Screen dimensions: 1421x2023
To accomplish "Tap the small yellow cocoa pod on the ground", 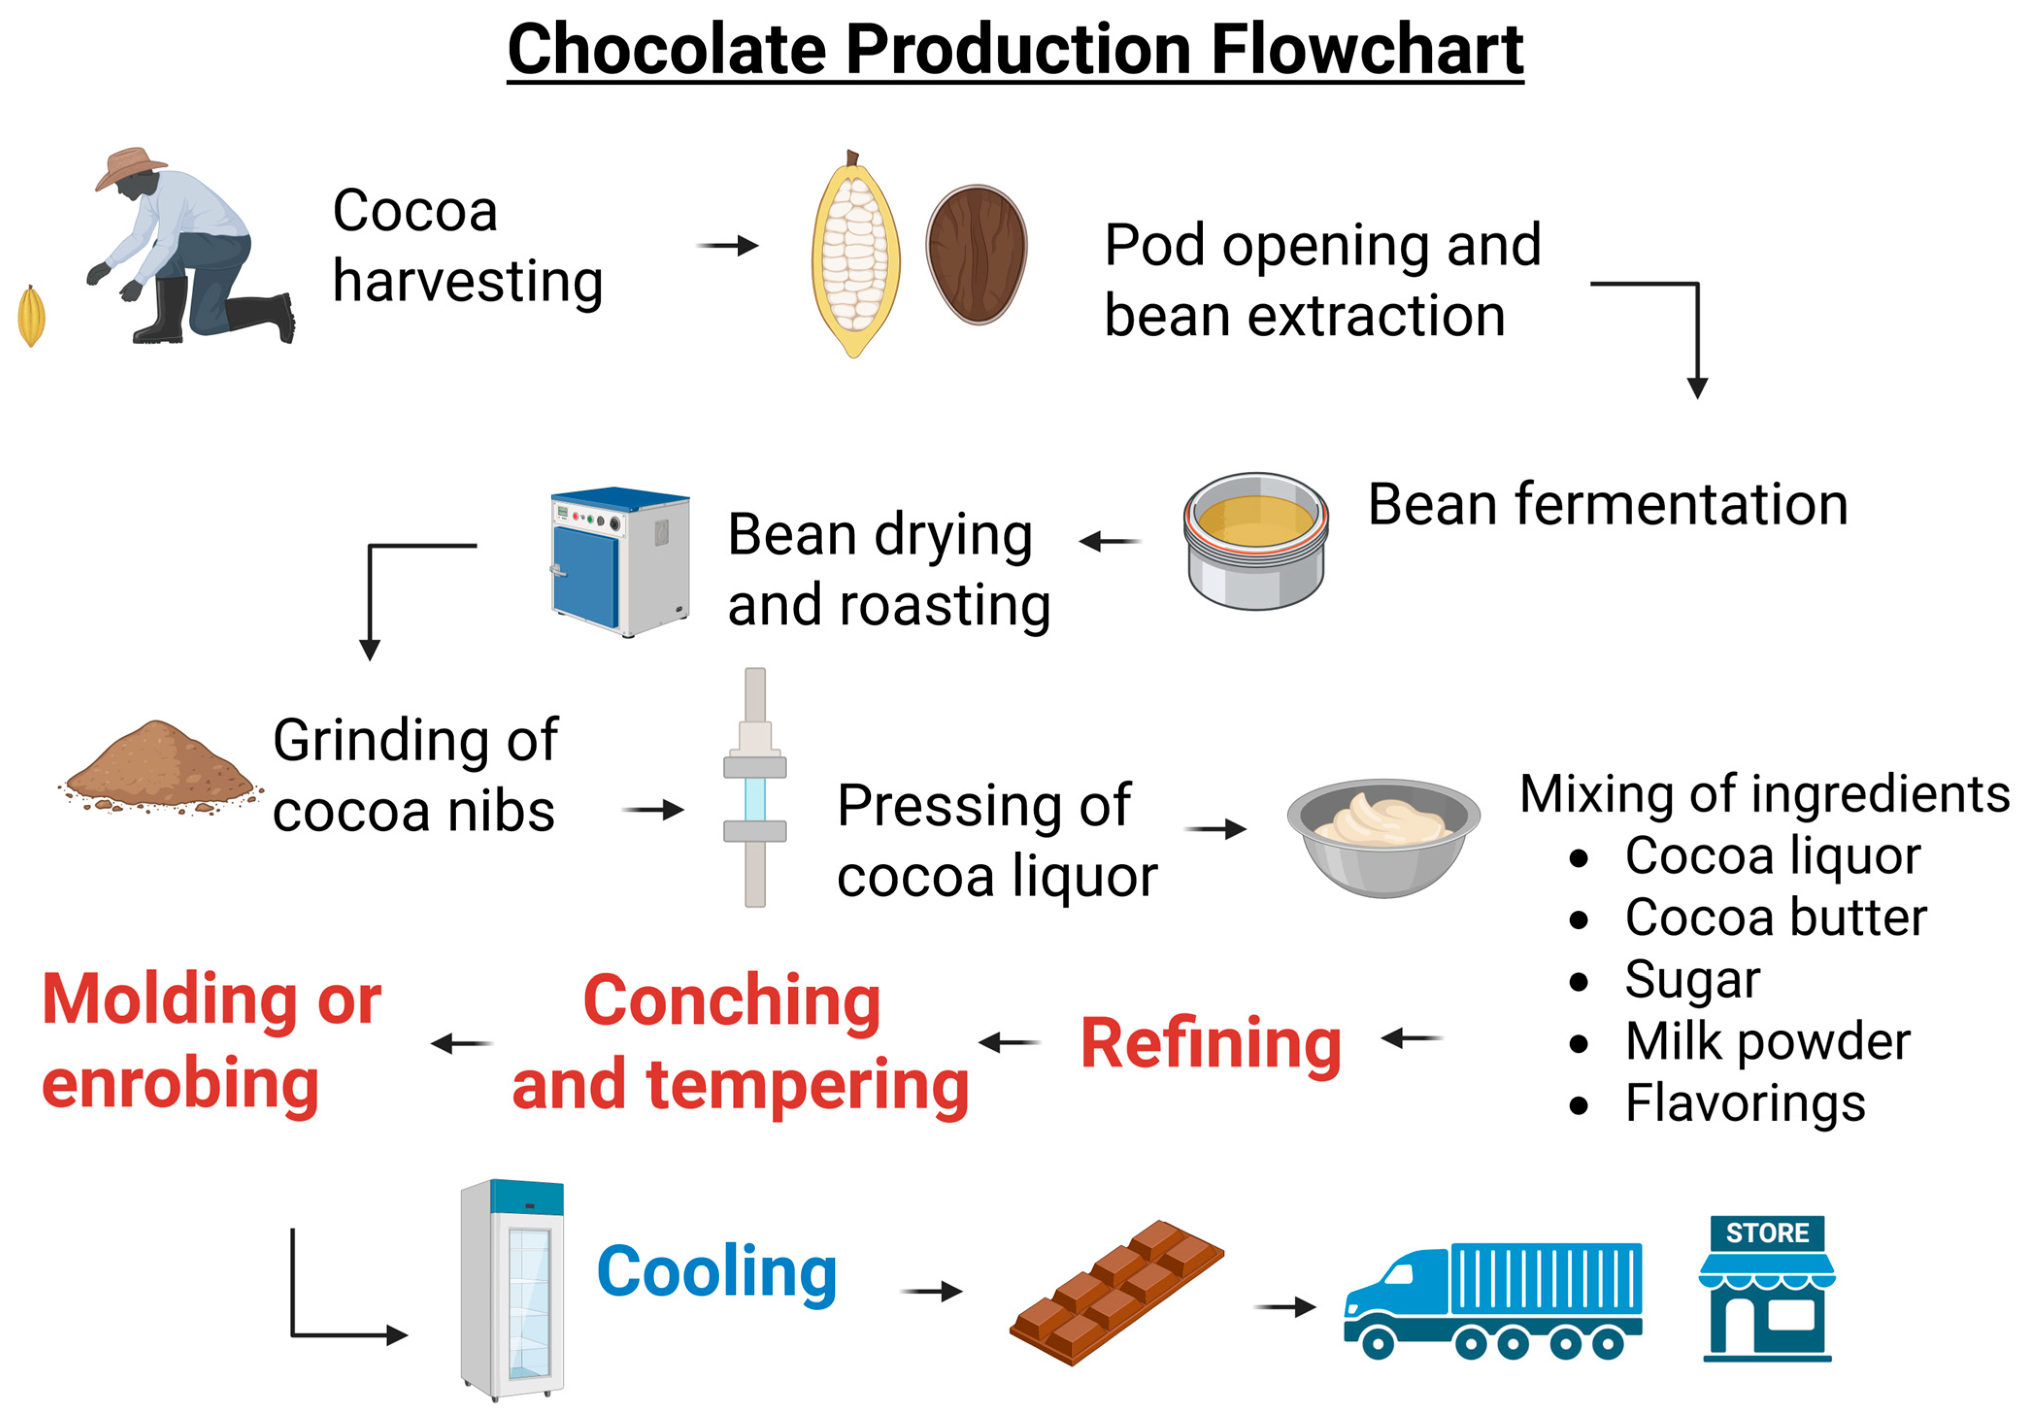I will pos(31,315).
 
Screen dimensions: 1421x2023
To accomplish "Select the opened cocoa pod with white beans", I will pos(854,255).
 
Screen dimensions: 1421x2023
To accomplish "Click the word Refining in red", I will pos(1210,1044).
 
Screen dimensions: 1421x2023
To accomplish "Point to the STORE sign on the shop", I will pos(1767,1233).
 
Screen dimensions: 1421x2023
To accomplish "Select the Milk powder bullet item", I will pos(1767,1041).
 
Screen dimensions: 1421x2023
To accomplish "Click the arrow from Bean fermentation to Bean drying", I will pos(1110,541).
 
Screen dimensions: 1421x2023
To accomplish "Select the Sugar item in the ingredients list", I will pos(1691,980).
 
